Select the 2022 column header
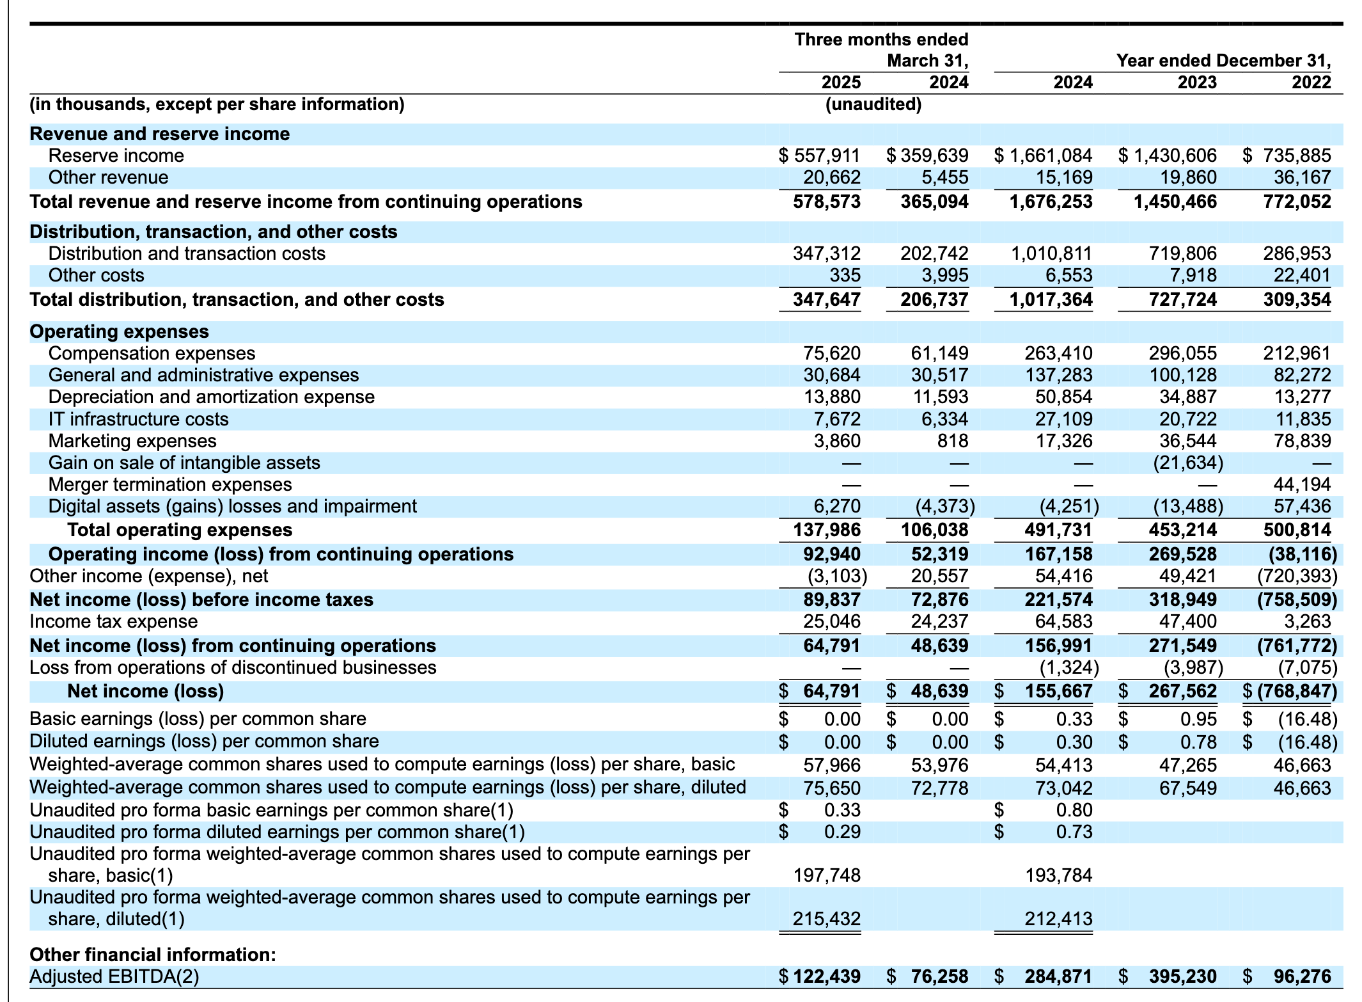[1311, 83]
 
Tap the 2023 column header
[1197, 83]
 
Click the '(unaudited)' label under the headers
[873, 104]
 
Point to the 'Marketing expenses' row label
[132, 441]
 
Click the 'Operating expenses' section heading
[120, 331]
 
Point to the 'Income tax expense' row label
[114, 621]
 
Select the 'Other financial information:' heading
[153, 955]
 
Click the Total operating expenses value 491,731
[1056, 530]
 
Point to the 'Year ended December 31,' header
[1223, 61]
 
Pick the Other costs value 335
[845, 275]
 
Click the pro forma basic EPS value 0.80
[1074, 810]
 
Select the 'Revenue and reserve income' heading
[160, 134]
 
